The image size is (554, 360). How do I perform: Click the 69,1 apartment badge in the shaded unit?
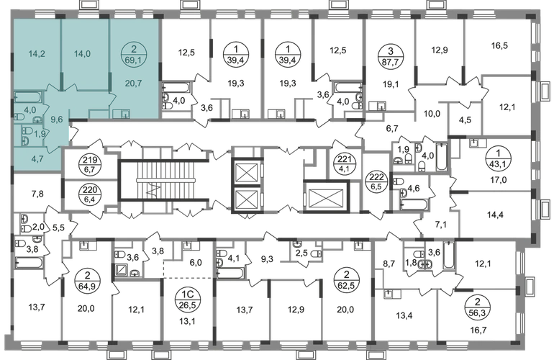click(133, 54)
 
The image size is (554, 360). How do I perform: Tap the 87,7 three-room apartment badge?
click(390, 54)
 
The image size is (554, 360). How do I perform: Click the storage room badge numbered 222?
click(376, 180)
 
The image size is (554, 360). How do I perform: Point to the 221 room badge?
click(342, 163)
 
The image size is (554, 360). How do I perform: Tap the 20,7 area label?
click(134, 83)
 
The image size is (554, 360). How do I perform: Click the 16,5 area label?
click(499, 45)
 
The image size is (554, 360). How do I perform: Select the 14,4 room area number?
click(494, 215)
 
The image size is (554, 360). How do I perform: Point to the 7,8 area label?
click(37, 194)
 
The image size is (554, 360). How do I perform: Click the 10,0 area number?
click(432, 114)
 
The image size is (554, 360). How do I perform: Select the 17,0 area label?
click(499, 180)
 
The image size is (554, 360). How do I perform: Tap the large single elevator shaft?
click(326, 197)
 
